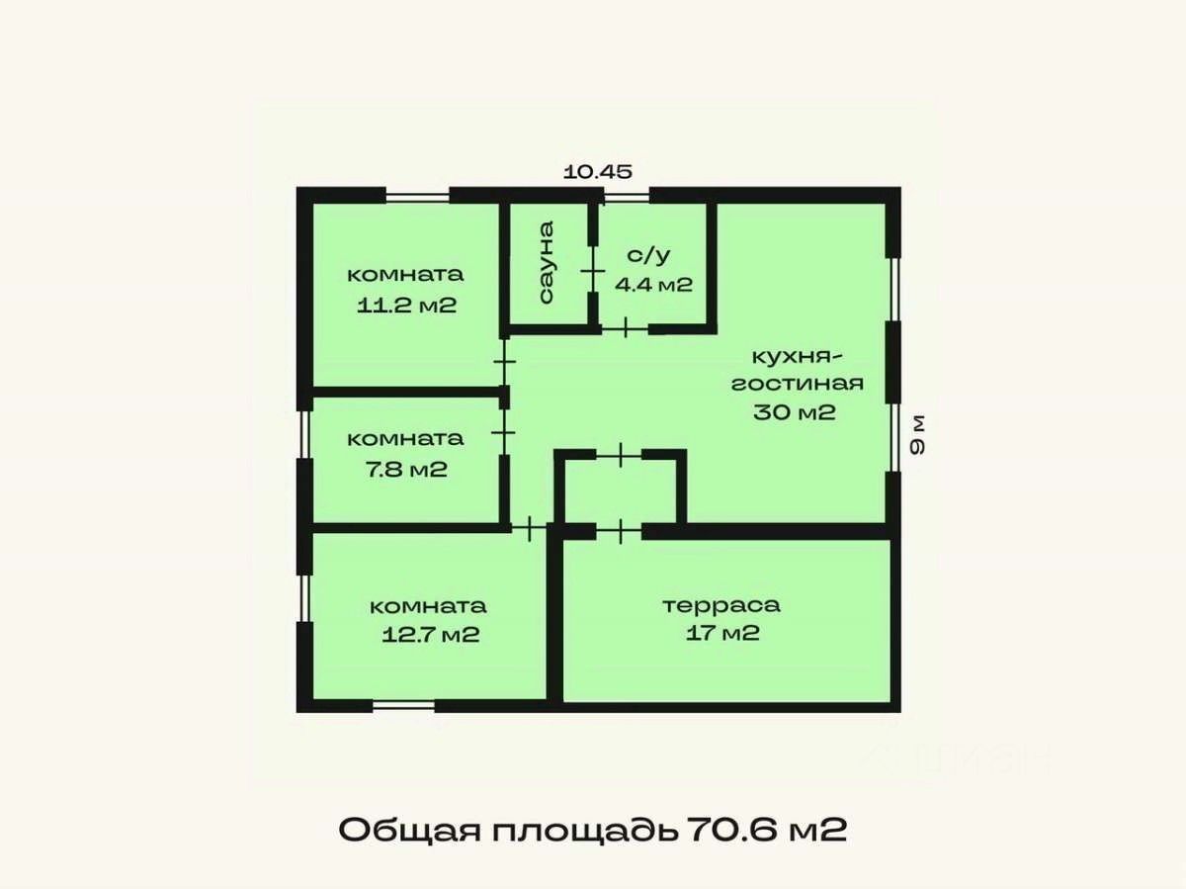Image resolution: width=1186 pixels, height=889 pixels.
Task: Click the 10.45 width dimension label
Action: [x=598, y=172]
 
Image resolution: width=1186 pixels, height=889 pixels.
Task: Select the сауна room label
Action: [x=547, y=262]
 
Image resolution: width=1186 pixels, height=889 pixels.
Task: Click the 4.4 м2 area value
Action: [x=654, y=284]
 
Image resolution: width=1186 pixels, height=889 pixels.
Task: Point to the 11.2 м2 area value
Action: [x=407, y=306]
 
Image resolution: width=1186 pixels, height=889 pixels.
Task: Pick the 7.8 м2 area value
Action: [x=407, y=469]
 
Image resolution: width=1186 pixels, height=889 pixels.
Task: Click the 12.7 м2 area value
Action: [x=431, y=634]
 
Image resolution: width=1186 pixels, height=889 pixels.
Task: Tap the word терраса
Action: [x=721, y=605]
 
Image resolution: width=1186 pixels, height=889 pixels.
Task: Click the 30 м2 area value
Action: [x=795, y=412]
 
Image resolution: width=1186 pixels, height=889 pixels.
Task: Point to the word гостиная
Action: [x=798, y=384]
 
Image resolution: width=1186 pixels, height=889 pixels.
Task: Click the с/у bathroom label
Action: [x=649, y=255]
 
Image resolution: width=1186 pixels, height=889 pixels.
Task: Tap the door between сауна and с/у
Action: [x=593, y=270]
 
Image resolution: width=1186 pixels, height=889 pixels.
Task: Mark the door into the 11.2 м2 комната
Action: [x=504, y=361]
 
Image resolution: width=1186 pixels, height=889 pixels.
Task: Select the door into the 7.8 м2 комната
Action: [x=504, y=432]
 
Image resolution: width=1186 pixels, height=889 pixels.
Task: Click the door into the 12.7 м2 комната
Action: [x=529, y=529]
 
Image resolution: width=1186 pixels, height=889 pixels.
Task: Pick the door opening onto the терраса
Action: [x=620, y=531]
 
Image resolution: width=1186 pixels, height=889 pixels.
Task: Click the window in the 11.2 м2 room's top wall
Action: [x=418, y=196]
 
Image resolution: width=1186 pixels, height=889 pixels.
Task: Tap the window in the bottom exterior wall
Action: [x=403, y=705]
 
